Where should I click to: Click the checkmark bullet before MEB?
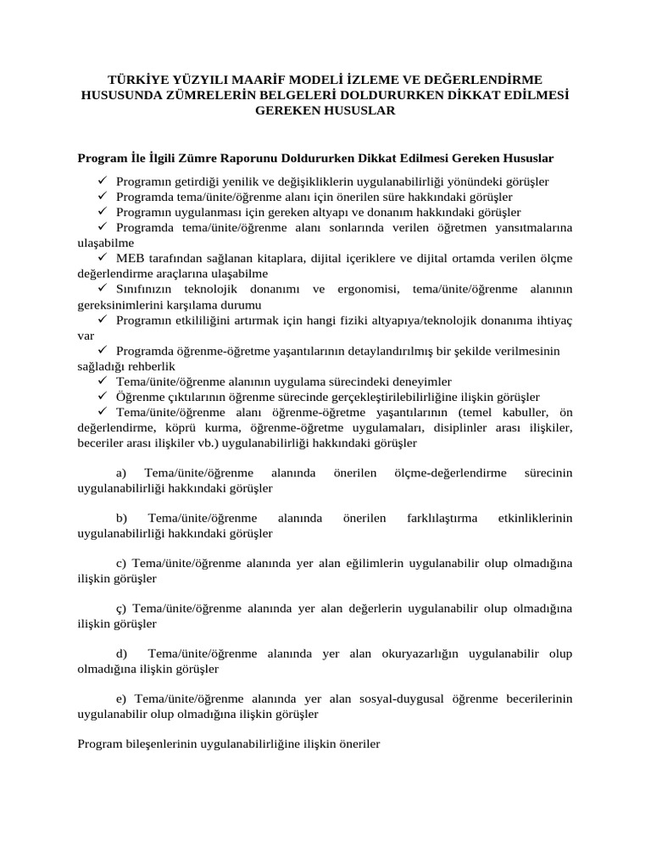(102, 259)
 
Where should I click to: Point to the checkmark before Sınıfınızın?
(102, 289)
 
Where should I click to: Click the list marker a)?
(120, 473)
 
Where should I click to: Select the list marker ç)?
(120, 609)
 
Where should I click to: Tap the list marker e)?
(120, 699)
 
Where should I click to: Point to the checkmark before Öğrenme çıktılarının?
(102, 396)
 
